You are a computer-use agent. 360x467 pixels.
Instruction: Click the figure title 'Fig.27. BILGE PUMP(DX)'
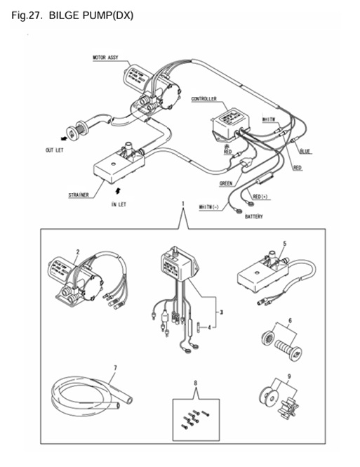point(72,15)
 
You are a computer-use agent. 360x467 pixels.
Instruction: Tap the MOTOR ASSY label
point(105,58)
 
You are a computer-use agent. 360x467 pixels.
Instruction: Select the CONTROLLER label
point(204,100)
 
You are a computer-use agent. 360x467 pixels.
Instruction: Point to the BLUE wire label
point(305,151)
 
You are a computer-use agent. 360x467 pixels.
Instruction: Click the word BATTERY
point(253,217)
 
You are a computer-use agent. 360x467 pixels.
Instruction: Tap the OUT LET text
point(55,151)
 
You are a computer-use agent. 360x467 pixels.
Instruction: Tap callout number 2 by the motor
point(78,251)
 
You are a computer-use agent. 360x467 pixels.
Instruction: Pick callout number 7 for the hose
point(114,368)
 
